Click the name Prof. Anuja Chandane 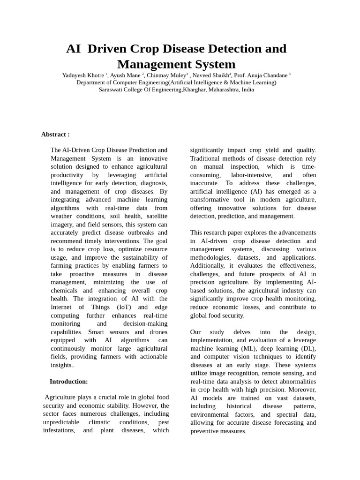click(261, 75)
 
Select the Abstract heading click(55, 135)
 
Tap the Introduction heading click(68, 382)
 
